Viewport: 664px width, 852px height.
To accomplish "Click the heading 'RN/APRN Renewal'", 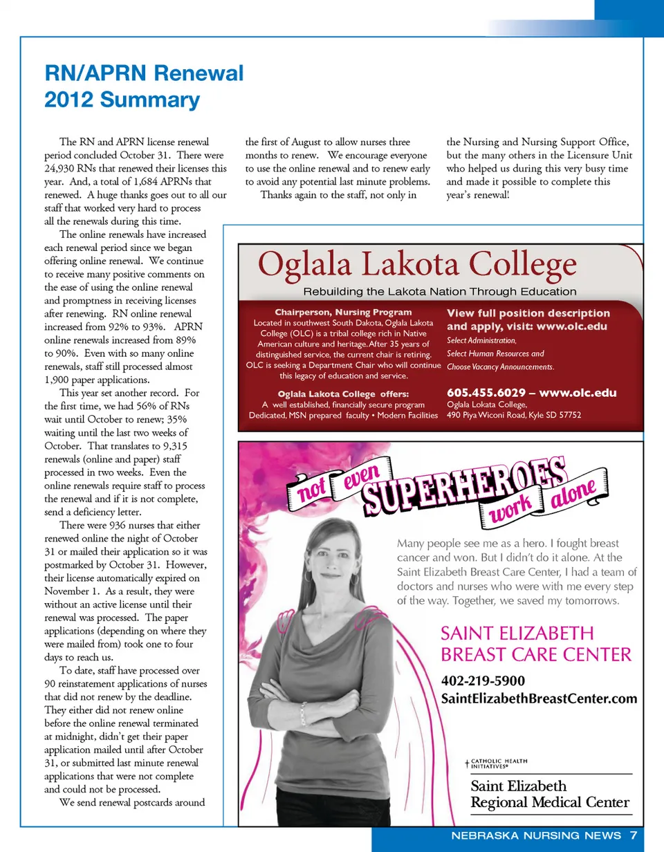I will (144, 73).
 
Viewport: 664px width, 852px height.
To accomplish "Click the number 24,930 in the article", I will (59, 168).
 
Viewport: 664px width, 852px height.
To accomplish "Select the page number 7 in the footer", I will (634, 835).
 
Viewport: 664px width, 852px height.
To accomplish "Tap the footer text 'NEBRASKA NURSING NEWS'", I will (536, 835).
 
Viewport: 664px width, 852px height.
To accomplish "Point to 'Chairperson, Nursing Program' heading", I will (343, 312).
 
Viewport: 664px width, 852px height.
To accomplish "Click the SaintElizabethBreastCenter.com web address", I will (539, 699).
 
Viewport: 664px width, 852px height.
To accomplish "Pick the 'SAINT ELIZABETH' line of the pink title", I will (517, 633).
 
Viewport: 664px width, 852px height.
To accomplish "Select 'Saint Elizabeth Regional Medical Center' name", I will (550, 794).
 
